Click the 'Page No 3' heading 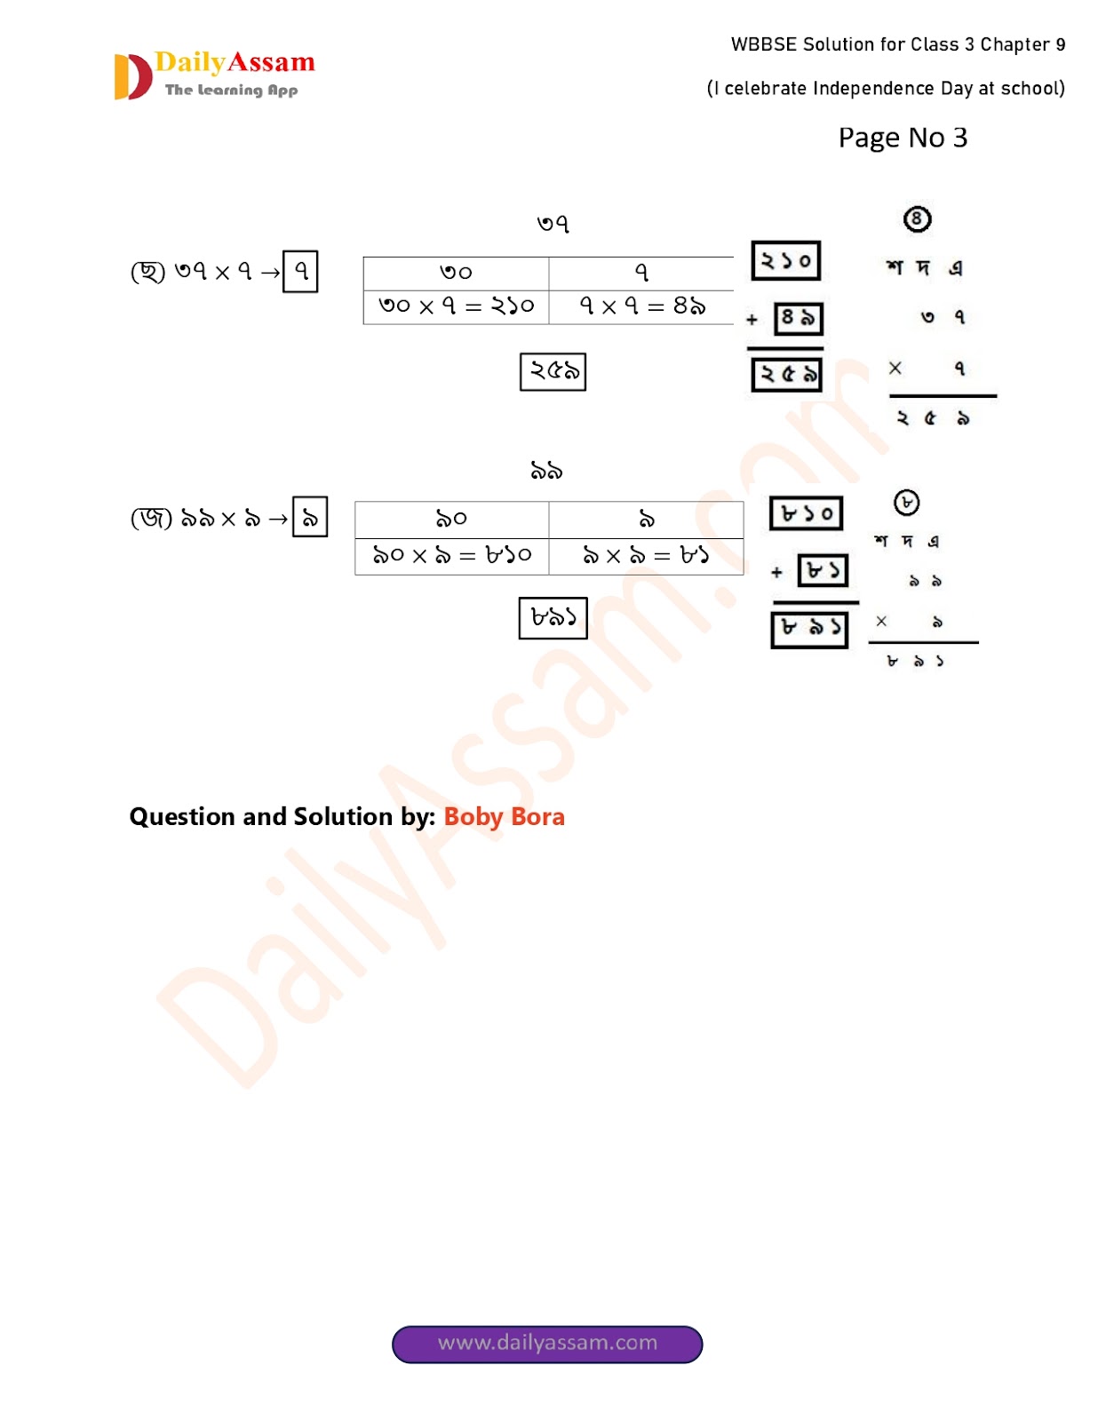tap(903, 138)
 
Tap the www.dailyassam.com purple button tap(547, 1343)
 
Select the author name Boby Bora tap(504, 816)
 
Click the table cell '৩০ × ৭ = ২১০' tap(456, 306)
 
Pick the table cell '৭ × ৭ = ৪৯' tap(641, 306)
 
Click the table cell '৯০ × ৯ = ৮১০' tap(451, 556)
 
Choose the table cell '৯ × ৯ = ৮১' tap(646, 556)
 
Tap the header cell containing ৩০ tap(456, 273)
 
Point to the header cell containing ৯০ tap(451, 519)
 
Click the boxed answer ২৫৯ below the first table tap(553, 371)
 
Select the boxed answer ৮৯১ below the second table tap(553, 617)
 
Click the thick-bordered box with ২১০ tap(785, 261)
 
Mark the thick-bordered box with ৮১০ tap(806, 513)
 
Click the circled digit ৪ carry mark tap(917, 218)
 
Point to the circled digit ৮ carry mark tap(906, 503)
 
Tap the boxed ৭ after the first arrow tap(300, 271)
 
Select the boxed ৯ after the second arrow tap(310, 517)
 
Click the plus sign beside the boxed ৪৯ tap(752, 320)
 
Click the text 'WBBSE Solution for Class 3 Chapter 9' tap(897, 44)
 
